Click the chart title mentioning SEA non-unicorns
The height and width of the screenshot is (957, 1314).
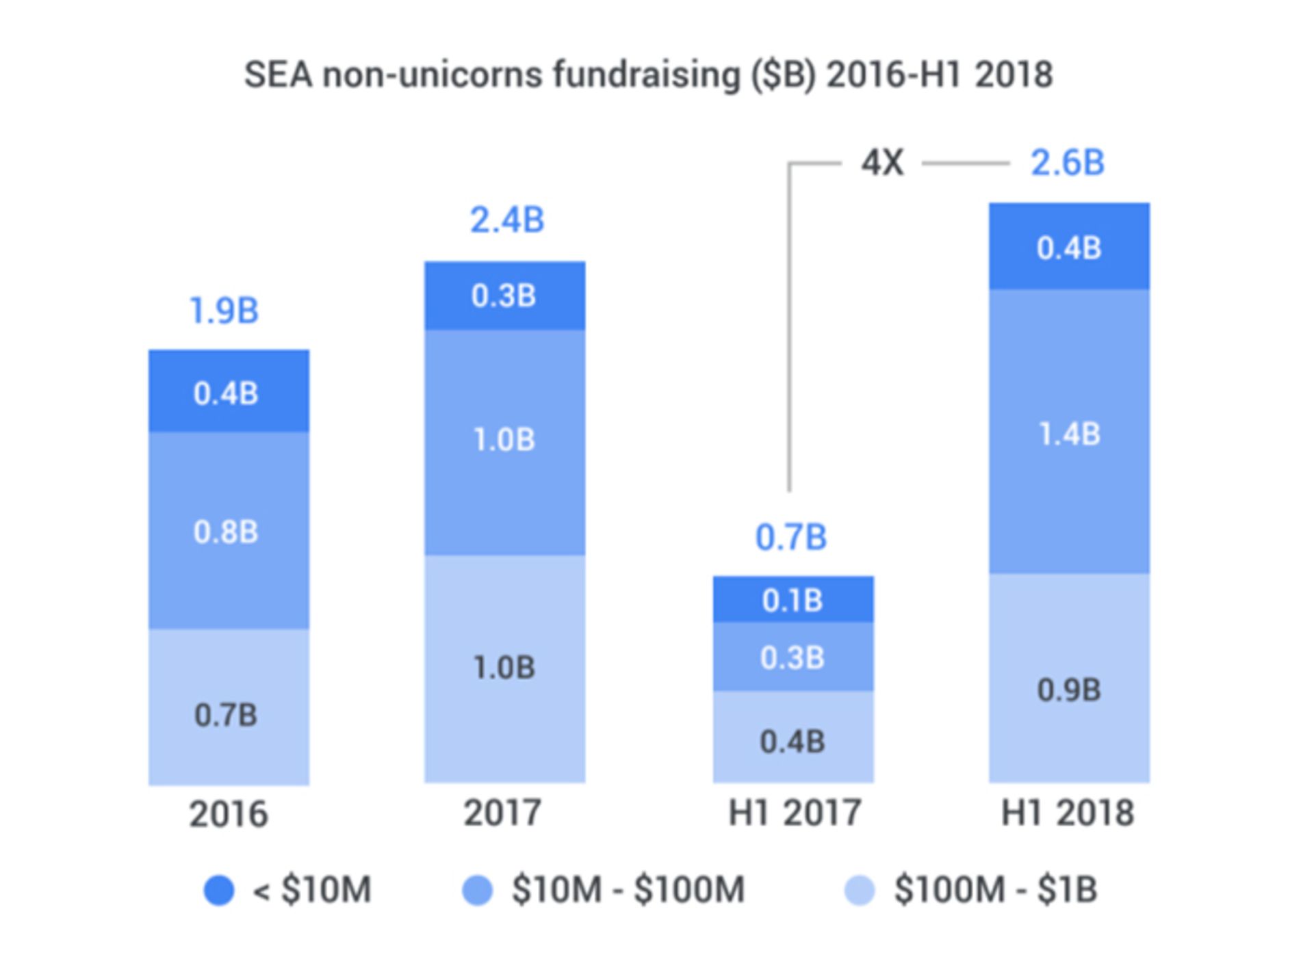click(x=648, y=75)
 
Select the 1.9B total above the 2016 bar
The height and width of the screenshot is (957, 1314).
click(x=224, y=311)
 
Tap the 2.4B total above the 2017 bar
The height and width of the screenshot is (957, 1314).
click(x=506, y=220)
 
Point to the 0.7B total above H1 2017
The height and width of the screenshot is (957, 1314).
click(x=790, y=538)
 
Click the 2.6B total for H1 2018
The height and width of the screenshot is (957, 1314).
click(x=1067, y=163)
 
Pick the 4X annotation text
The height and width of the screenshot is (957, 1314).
click(x=882, y=163)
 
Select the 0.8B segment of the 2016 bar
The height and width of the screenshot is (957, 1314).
click(x=226, y=532)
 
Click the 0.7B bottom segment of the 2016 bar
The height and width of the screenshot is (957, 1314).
click(x=226, y=716)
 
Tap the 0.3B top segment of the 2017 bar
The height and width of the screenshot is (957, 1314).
click(x=504, y=296)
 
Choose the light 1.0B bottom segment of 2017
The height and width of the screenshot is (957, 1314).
click(x=504, y=668)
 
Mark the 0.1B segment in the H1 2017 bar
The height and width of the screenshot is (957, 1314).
click(x=792, y=601)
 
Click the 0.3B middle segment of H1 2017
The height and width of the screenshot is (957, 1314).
click(x=792, y=657)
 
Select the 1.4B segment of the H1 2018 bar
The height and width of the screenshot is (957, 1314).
click(x=1069, y=434)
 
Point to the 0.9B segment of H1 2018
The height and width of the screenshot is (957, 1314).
click(x=1069, y=690)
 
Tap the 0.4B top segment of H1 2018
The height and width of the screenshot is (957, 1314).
click(x=1069, y=248)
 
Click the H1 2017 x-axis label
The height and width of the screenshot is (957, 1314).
click(x=794, y=813)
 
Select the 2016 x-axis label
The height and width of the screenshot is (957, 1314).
click(x=228, y=814)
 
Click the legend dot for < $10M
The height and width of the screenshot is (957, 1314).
click(x=219, y=890)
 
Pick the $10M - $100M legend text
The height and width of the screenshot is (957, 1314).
click(x=628, y=890)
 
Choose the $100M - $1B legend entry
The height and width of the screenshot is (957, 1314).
click(x=995, y=890)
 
